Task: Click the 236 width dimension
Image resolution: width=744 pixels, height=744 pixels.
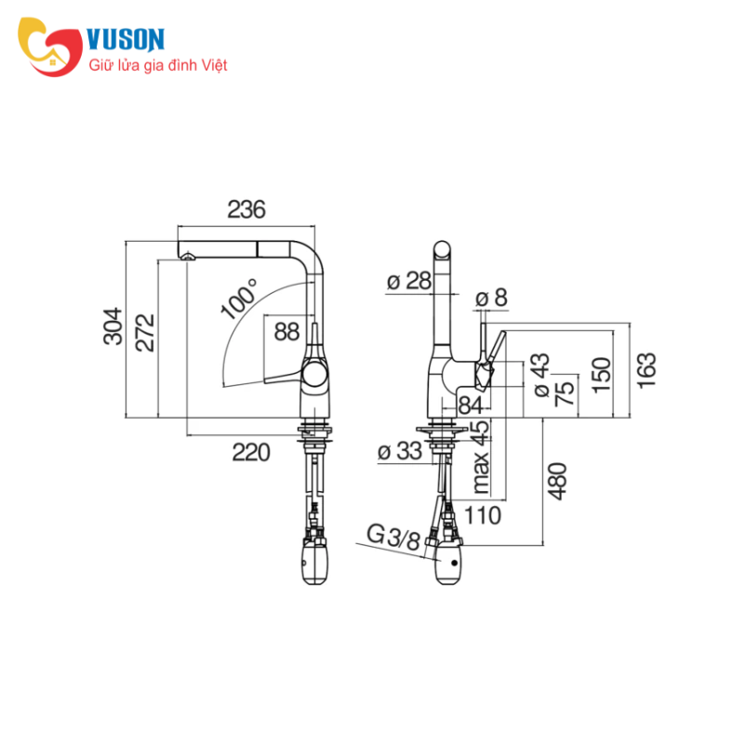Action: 246,210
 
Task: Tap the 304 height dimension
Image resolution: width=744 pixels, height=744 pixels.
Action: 113,326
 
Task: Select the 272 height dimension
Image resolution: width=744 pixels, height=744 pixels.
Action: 145,333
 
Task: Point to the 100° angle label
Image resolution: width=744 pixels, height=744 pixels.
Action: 240,299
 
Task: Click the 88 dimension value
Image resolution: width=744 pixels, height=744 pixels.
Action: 287,332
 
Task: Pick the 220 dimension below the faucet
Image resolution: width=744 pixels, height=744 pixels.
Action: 251,453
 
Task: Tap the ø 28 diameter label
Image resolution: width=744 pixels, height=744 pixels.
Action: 409,281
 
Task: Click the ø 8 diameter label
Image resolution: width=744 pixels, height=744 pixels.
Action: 491,298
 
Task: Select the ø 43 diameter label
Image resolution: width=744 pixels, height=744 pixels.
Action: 541,375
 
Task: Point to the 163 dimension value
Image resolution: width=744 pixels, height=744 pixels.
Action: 646,371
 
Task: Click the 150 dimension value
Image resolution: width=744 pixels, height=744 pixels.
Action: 602,375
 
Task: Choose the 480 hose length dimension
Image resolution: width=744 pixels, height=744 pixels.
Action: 557,481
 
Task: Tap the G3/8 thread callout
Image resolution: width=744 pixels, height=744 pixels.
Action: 393,538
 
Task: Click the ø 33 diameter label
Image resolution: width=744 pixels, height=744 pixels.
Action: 400,451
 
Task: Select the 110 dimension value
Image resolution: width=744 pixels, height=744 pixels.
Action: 482,516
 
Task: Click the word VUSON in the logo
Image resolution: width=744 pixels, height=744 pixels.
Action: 126,39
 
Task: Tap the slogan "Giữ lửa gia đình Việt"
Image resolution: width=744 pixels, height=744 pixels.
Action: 158,65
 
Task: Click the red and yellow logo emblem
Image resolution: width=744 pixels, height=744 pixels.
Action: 50,46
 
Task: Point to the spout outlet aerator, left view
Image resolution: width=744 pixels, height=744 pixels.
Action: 189,257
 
